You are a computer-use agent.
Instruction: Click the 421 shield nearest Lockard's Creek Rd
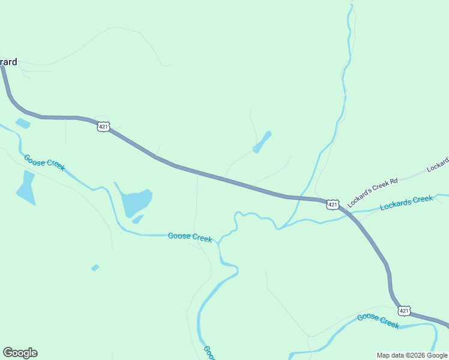pyautogui.click(x=333, y=205)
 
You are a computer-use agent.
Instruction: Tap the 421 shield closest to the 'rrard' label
pyautogui.click(x=103, y=126)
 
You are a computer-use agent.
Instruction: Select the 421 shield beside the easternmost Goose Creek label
pyautogui.click(x=403, y=310)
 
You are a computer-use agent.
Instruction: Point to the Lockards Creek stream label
pyautogui.click(x=406, y=202)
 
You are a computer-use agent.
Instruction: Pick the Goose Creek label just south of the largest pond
pyautogui.click(x=190, y=236)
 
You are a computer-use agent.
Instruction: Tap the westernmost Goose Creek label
pyautogui.click(x=44, y=162)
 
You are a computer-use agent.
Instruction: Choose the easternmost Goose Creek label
pyautogui.click(x=378, y=320)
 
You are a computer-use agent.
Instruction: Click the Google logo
pyautogui.click(x=20, y=353)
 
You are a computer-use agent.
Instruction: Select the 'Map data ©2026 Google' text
pyautogui.click(x=412, y=355)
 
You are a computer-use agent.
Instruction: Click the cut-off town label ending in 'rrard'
pyautogui.click(x=8, y=61)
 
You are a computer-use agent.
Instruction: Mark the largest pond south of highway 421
pyautogui.click(x=137, y=202)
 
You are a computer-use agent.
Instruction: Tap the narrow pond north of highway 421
pyautogui.click(x=262, y=142)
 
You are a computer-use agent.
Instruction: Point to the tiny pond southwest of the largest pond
pyautogui.click(x=95, y=268)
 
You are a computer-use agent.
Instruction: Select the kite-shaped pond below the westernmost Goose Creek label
pyautogui.click(x=26, y=188)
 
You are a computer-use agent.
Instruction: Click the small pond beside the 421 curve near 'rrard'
pyautogui.click(x=23, y=124)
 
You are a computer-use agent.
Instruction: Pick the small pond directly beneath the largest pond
pyautogui.click(x=138, y=220)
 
